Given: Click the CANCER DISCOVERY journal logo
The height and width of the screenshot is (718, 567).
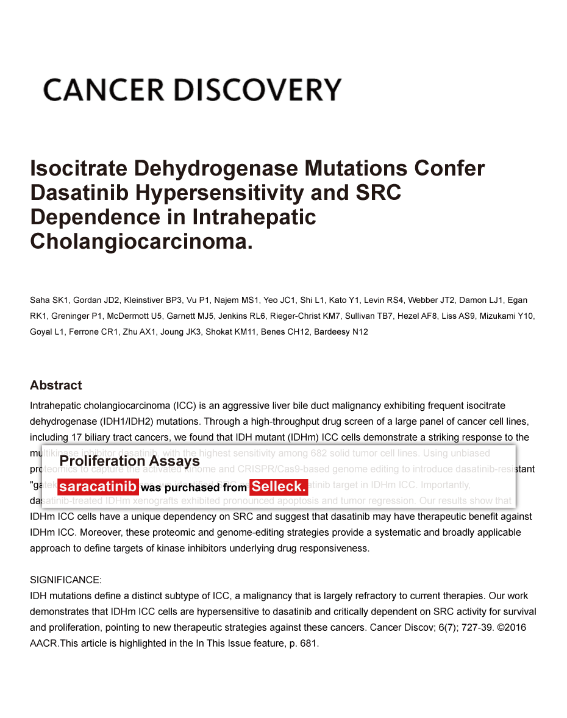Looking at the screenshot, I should (192, 90).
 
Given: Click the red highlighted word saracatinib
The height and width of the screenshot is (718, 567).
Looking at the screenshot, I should (98, 487).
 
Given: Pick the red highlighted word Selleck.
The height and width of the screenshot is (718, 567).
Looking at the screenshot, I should (279, 487).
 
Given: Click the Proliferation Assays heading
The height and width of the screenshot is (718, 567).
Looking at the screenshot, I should (129, 461).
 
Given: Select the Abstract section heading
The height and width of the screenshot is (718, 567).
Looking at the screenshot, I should (55, 385).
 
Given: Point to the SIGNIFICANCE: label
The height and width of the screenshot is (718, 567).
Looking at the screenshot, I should (66, 580).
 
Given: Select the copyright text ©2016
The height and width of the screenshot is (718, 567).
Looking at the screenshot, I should (513, 627).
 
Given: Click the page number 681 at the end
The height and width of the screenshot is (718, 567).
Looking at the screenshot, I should (308, 643).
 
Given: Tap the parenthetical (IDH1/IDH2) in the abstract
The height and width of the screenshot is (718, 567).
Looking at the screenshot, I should (117, 421).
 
